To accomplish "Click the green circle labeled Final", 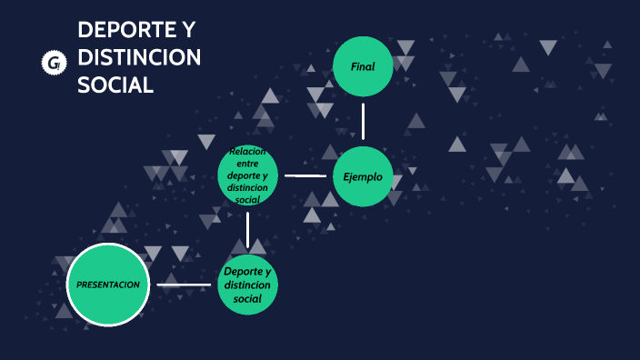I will (x=363, y=66).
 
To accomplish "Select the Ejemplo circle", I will (x=363, y=176).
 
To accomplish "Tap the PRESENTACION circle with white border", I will (x=108, y=285).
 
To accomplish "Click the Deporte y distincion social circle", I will (x=247, y=285).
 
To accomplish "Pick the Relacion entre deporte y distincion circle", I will (x=247, y=175).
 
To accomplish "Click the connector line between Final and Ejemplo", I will (x=363, y=121).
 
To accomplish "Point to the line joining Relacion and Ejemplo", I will (x=305, y=175).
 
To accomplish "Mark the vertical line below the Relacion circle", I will (x=247, y=229).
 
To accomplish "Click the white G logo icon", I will (x=55, y=62).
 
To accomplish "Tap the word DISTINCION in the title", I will (x=139, y=58).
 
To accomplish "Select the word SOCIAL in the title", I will (x=115, y=85).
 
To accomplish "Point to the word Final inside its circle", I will (x=363, y=66).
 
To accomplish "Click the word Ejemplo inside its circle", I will (x=363, y=176).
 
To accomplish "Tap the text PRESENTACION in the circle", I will (x=108, y=285).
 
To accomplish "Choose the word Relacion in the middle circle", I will (x=247, y=151).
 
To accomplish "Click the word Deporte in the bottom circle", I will (x=247, y=272).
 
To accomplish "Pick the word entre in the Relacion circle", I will (x=247, y=164).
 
